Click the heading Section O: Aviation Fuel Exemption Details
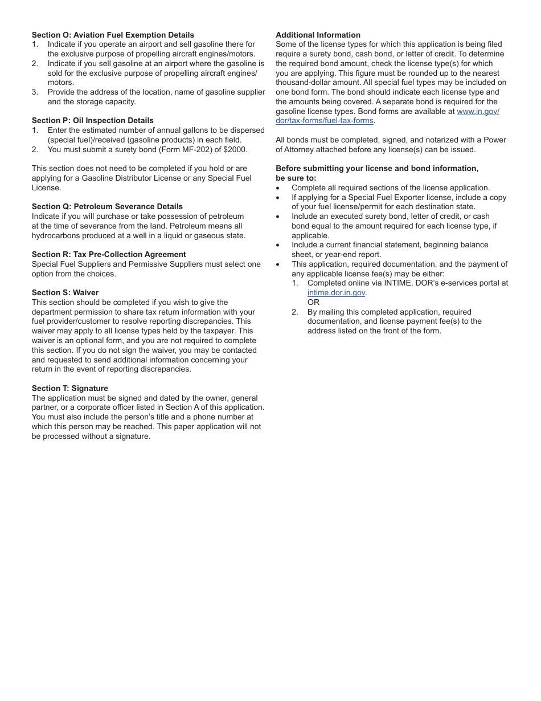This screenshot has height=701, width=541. pyautogui.click(x=113, y=35)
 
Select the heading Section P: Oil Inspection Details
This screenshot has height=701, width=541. pyautogui.click(x=92, y=120)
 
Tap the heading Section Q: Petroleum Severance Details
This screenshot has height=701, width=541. pyautogui.click(x=107, y=206)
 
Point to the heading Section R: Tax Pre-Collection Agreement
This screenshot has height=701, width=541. pyautogui.click(x=109, y=254)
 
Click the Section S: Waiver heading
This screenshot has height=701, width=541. pyautogui.click(x=65, y=292)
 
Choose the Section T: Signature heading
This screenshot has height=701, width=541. pyautogui.click(x=69, y=388)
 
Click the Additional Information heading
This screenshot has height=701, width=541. pyautogui.click(x=318, y=35)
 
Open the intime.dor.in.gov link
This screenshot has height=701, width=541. pyautogui.click(x=336, y=293)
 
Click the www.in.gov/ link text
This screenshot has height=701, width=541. pyautogui.click(x=478, y=111)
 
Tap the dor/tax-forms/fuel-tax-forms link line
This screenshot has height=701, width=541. pyautogui.click(x=325, y=121)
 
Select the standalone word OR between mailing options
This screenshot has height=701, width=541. pyautogui.click(x=313, y=302)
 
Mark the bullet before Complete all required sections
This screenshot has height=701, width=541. pyautogui.click(x=278, y=188)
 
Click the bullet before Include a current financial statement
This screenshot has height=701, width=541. pyautogui.click(x=278, y=245)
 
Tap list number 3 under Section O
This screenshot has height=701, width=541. pyautogui.click(x=35, y=92)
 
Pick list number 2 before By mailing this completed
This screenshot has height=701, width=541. pyautogui.click(x=295, y=312)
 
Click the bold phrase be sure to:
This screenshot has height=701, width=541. pyautogui.click(x=296, y=178)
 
